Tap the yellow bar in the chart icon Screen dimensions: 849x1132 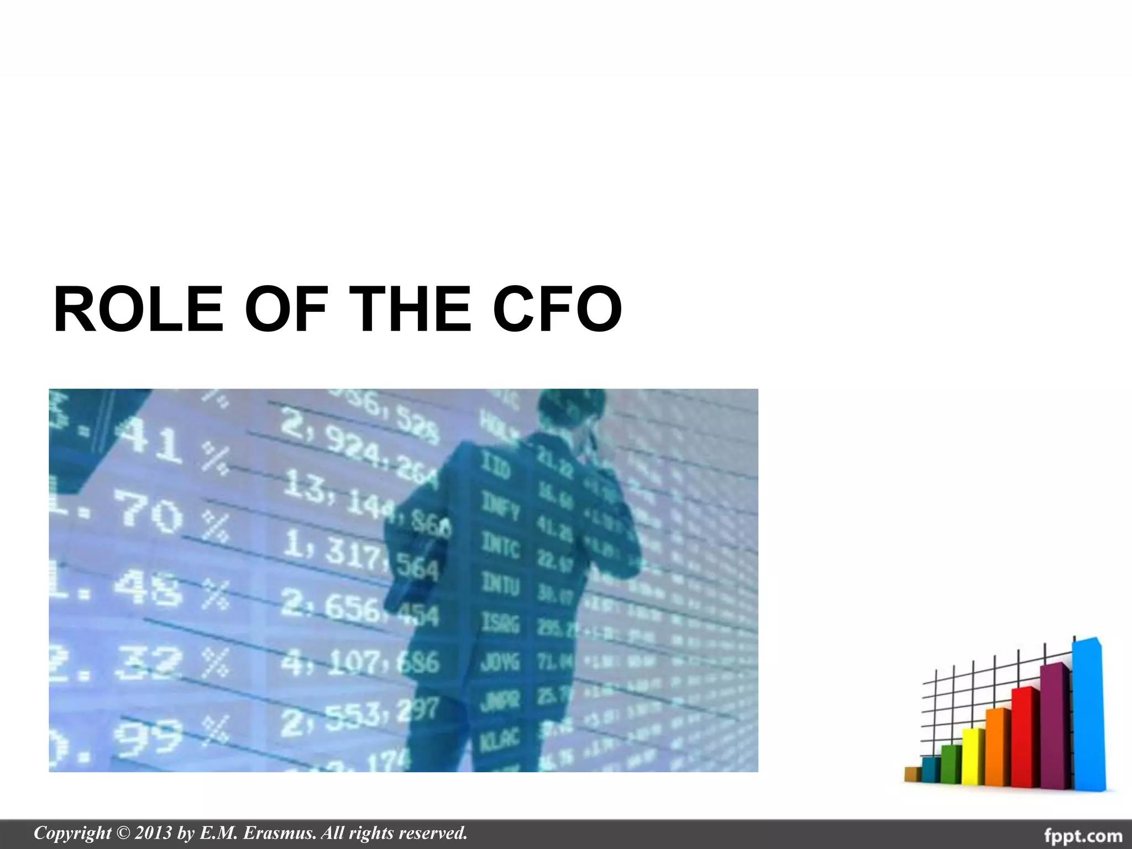[973, 757]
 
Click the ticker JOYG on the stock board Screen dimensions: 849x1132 [500, 662]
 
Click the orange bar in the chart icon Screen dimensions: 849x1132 [998, 746]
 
